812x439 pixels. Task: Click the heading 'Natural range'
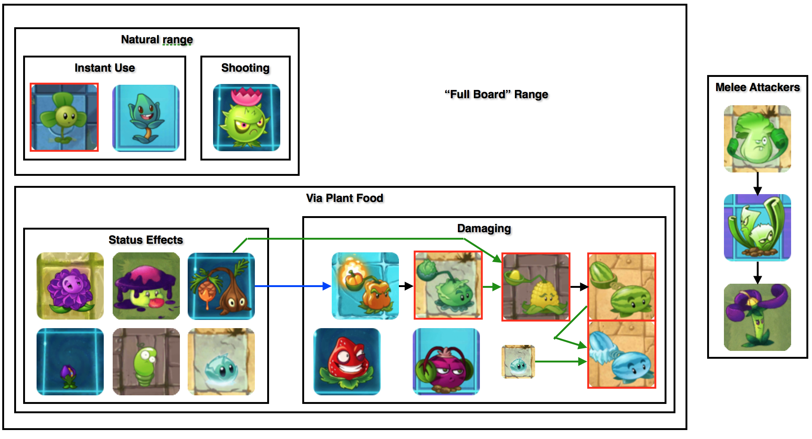(157, 40)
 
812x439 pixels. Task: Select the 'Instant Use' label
(104, 68)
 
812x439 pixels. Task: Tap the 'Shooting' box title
(245, 68)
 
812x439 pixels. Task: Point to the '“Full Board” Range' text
(496, 94)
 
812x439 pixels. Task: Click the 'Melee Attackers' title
(758, 87)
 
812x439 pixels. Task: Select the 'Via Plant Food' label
(344, 198)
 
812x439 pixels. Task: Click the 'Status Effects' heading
(146, 240)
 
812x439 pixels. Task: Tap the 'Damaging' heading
(484, 228)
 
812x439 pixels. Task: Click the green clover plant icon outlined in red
(64, 117)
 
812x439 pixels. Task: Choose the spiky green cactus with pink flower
(246, 118)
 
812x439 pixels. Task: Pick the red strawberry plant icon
(347, 361)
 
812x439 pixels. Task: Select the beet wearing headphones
(446, 361)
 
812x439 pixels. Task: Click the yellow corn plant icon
(535, 287)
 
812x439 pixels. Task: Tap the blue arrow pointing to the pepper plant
(293, 286)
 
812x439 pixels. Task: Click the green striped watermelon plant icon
(621, 287)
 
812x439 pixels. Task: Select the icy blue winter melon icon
(621, 355)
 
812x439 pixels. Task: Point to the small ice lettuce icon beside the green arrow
(518, 361)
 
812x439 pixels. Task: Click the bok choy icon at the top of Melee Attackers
(757, 139)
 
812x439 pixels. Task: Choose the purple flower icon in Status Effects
(70, 286)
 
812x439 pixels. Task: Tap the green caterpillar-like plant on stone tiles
(146, 361)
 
